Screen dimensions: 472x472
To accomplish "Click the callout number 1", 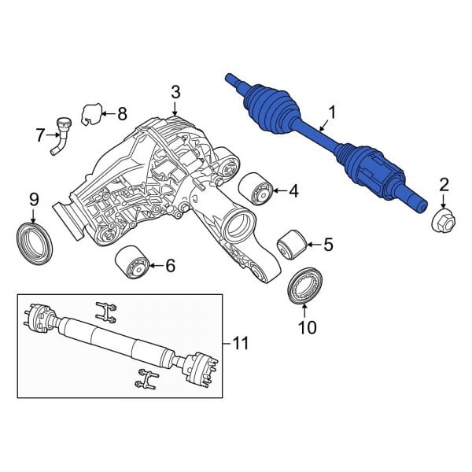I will tap(331, 114).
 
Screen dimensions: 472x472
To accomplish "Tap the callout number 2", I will tap(444, 185).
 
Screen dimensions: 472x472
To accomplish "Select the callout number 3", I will tap(175, 94).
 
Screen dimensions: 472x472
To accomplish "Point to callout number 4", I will tap(293, 190).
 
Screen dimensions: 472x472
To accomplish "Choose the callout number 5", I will tap(327, 245).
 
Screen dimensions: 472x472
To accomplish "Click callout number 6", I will tap(170, 267).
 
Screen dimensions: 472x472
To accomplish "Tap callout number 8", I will tap(121, 114).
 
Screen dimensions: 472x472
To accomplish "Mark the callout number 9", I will tap(33, 198).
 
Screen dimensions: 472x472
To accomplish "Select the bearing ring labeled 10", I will tap(304, 284).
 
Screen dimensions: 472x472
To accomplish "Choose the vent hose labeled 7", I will tap(59, 135).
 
